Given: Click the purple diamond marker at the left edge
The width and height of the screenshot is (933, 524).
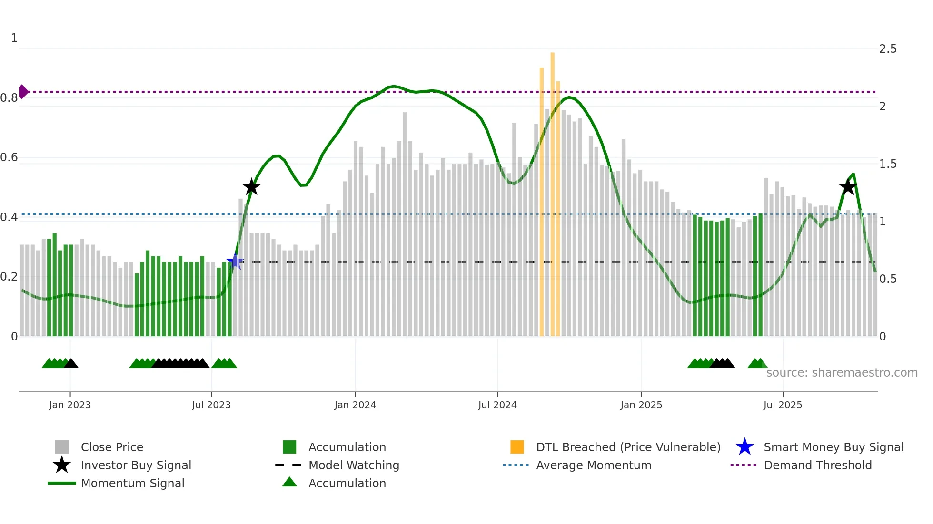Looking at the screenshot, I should (23, 91).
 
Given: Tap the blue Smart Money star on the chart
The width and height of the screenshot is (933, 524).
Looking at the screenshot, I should (235, 262).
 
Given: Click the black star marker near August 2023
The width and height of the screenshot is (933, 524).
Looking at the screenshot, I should (251, 187).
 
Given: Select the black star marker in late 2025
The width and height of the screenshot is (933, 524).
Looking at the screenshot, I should (848, 187).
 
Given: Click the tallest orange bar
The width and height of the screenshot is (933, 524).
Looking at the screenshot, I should (553, 190).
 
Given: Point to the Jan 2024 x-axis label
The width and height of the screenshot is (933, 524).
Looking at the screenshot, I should (355, 405).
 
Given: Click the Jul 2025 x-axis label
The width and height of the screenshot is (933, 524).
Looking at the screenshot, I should (783, 405).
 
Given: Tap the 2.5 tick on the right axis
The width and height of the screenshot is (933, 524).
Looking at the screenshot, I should (888, 49).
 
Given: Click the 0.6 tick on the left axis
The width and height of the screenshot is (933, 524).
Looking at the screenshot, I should (10, 157).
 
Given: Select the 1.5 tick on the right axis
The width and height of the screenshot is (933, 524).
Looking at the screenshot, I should (888, 164).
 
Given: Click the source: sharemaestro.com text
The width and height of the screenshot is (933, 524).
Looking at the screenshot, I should (842, 373).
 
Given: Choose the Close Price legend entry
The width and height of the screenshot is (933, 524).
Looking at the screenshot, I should (112, 447).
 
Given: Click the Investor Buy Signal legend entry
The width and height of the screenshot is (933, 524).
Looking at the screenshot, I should (136, 465).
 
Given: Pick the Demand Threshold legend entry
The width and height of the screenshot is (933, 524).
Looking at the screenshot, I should (817, 465).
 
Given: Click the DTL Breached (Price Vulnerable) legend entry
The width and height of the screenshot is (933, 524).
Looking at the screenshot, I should (628, 447).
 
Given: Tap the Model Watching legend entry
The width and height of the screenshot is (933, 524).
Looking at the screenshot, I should (354, 465).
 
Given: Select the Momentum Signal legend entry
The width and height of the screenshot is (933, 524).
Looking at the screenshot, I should (132, 483).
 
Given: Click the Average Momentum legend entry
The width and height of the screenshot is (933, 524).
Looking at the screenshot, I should (594, 465).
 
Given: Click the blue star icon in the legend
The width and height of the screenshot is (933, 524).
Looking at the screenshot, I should (744, 447).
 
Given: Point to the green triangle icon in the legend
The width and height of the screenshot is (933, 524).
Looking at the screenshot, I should (289, 482).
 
